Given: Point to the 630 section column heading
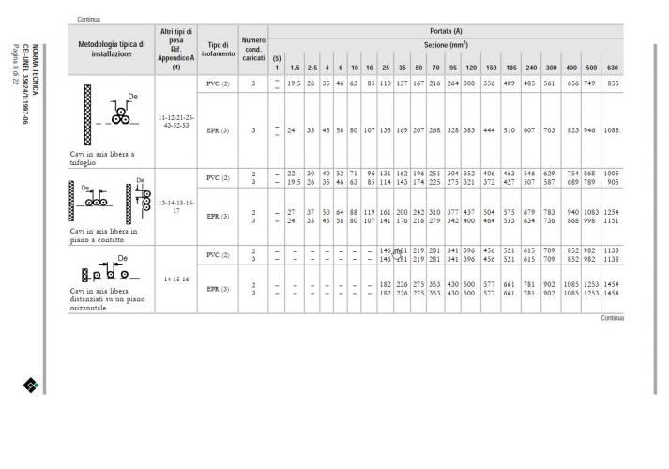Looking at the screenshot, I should (x=613, y=68).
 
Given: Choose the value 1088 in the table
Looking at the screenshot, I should (x=613, y=130).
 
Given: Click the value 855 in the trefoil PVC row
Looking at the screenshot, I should (x=613, y=83).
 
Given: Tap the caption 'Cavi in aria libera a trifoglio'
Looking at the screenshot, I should (x=95, y=157).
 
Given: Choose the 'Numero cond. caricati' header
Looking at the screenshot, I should (x=253, y=49).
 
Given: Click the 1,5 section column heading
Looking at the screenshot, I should (x=294, y=68).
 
